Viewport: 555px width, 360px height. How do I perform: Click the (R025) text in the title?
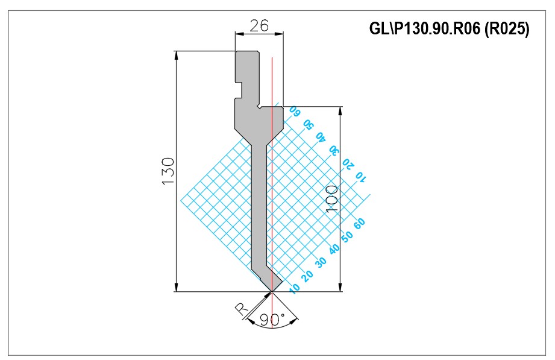(507, 28)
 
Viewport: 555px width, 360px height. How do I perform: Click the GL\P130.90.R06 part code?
(425, 28)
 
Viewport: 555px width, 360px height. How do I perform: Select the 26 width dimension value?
(260, 26)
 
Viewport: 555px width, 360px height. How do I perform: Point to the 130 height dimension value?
(168, 172)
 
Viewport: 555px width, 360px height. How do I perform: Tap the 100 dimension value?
(331, 199)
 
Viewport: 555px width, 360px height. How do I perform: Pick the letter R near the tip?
(242, 309)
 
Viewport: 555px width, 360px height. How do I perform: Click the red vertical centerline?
(272, 192)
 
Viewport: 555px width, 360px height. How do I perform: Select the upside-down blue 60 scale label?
(295, 111)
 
